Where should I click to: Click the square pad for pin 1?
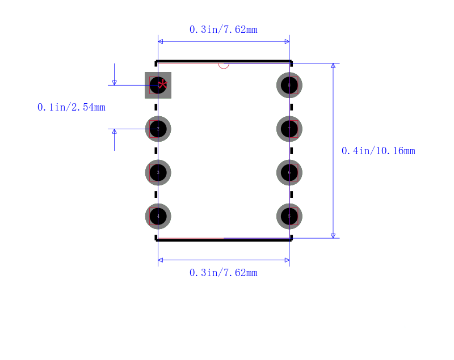click(158, 85)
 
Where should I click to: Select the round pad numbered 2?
click(158, 129)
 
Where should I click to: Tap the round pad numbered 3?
click(158, 172)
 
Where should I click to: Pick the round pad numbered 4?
click(158, 216)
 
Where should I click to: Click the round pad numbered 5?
click(289, 216)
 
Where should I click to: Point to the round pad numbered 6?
click(289, 172)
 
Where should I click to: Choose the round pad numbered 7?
click(289, 129)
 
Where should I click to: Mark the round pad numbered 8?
click(289, 85)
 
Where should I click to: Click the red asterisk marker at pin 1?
click(163, 84)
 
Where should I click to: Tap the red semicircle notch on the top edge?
click(224, 65)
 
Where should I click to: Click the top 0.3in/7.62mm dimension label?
click(224, 29)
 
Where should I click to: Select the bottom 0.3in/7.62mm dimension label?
click(224, 273)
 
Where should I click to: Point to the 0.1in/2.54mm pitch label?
click(72, 107)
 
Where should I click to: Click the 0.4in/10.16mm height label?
click(378, 151)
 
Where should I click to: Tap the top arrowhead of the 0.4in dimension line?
click(333, 66)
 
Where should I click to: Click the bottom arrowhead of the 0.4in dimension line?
click(333, 235)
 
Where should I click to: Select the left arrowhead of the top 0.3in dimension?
click(161, 41)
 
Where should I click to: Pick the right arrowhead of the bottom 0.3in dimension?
click(287, 260)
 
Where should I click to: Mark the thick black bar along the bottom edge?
click(224, 240)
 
